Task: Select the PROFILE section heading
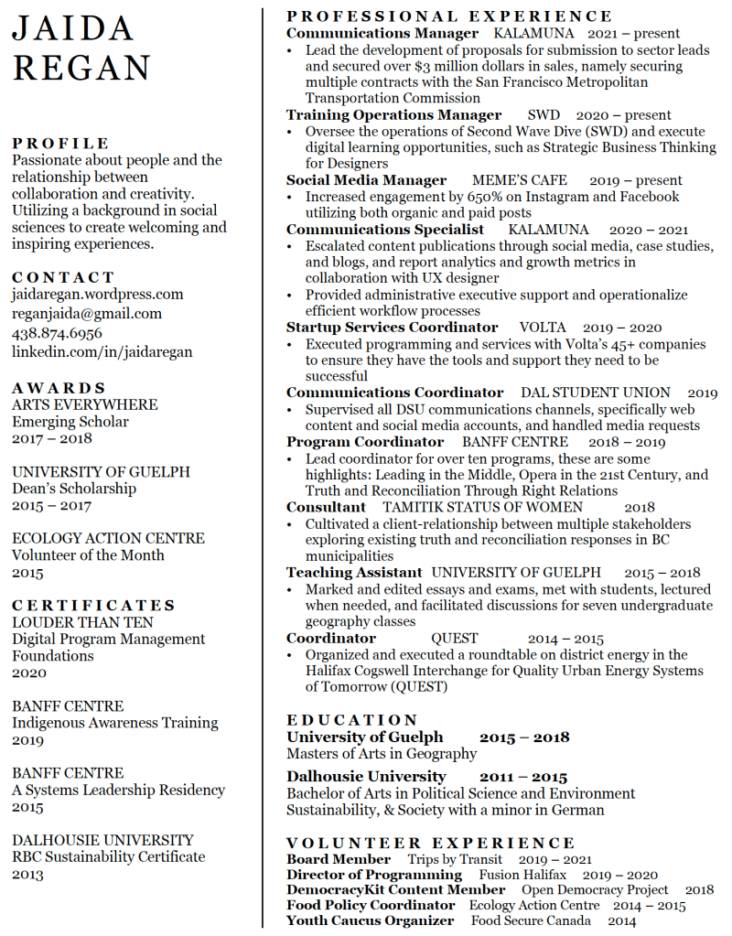[x=60, y=144]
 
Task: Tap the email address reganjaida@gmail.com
[x=87, y=313]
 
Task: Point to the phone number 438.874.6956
[x=57, y=333]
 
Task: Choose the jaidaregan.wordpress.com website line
[x=98, y=295]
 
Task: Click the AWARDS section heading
[x=59, y=388]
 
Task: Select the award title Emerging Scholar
[x=70, y=422]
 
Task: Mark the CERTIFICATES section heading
[x=93, y=606]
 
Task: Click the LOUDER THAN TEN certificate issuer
[x=82, y=622]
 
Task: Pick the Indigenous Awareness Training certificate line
[x=115, y=723]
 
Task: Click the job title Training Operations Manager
[x=393, y=115]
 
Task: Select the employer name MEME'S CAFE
[x=519, y=180]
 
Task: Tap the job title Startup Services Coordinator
[x=392, y=328]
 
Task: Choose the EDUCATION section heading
[x=352, y=720]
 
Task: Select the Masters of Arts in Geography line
[x=382, y=754]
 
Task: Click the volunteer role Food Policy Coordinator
[x=371, y=905]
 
